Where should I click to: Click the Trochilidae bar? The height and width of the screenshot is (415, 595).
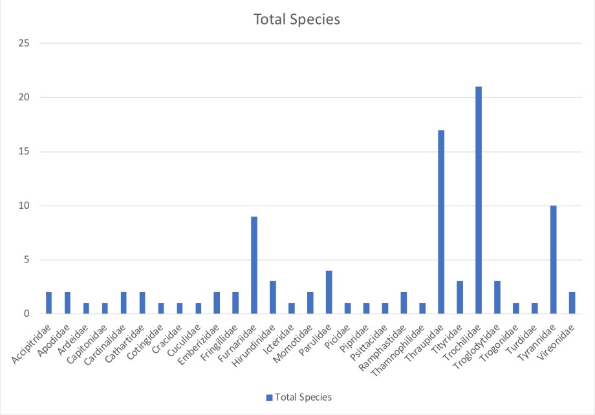[479, 200]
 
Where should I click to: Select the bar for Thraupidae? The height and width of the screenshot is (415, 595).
[441, 222]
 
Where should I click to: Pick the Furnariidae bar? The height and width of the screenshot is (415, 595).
[254, 265]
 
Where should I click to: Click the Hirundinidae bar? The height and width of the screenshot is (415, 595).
[273, 298]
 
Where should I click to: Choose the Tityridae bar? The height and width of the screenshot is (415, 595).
[460, 298]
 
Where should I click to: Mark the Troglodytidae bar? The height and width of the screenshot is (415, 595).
[497, 298]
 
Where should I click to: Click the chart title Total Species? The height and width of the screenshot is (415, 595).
[297, 20]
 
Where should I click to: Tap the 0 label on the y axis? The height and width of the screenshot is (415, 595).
[28, 314]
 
